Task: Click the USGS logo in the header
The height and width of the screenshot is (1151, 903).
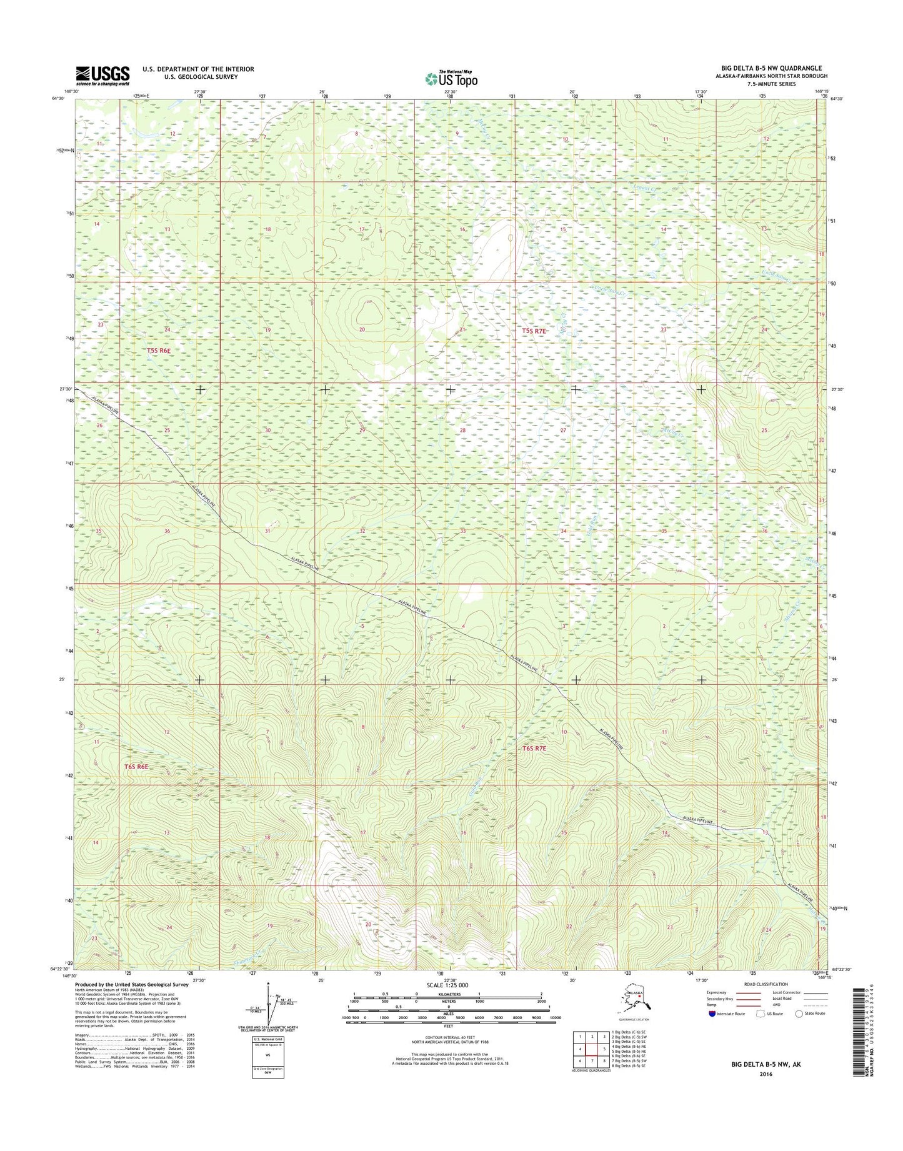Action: (x=102, y=76)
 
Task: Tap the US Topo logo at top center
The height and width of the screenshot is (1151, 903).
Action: (x=451, y=79)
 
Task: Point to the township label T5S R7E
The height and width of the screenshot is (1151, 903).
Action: (x=534, y=331)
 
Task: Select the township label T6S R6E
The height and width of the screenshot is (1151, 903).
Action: (x=136, y=766)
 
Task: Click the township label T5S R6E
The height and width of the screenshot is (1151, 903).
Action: (x=159, y=351)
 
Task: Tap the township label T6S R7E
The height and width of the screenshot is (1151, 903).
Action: (x=534, y=748)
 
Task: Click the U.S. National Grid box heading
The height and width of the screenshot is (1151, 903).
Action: (x=268, y=1040)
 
